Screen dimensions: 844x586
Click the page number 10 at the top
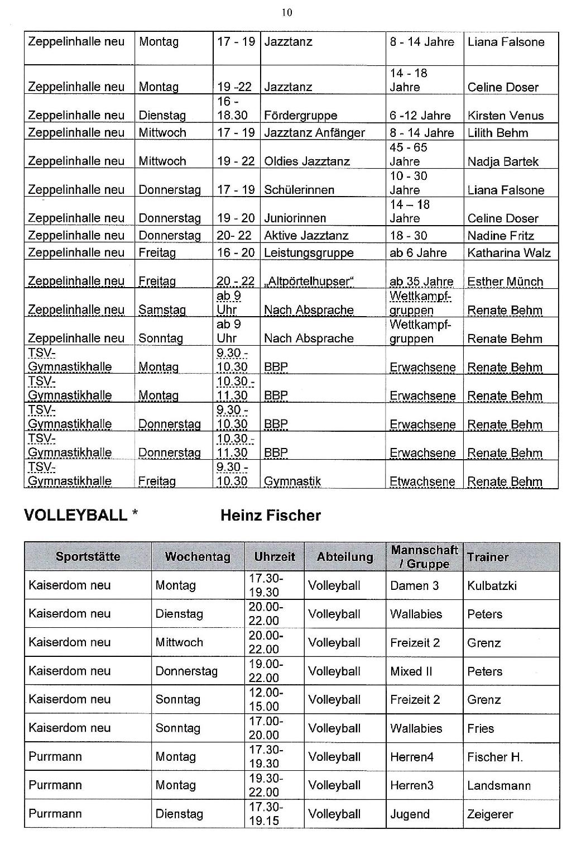[x=287, y=13]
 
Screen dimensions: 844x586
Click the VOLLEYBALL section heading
[x=76, y=515]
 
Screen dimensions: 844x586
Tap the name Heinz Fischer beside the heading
[x=271, y=515]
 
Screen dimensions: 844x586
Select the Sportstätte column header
[x=88, y=556]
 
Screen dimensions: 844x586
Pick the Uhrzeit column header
[x=275, y=556]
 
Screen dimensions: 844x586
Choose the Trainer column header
[x=488, y=557]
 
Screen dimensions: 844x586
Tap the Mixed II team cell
[x=411, y=671]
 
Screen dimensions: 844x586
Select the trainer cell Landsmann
[x=499, y=785]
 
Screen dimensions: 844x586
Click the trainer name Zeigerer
[x=489, y=814]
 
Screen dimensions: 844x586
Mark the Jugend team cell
[x=410, y=814]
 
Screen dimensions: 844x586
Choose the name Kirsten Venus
[x=505, y=116]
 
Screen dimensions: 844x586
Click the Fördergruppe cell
[x=300, y=116]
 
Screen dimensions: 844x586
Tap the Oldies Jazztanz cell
[x=306, y=161]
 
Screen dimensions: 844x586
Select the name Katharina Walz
[x=508, y=252]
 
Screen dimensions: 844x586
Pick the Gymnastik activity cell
[x=292, y=481]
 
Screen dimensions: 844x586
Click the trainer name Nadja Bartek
[x=503, y=161]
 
